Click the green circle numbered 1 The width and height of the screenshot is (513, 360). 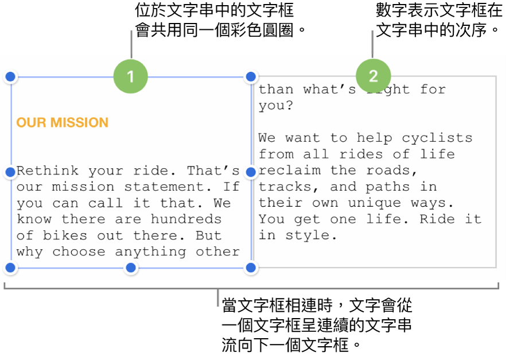click(x=130, y=76)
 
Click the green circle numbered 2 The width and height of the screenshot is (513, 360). click(x=373, y=76)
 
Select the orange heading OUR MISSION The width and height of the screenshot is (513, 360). click(x=62, y=122)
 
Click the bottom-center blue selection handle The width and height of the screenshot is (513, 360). click(x=131, y=268)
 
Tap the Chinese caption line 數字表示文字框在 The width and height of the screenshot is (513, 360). click(x=439, y=10)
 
